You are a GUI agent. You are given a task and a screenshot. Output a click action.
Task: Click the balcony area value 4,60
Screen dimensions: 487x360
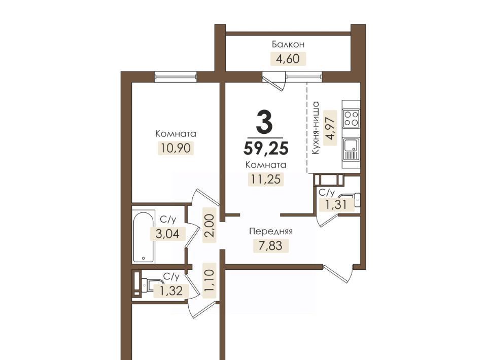click(288, 59)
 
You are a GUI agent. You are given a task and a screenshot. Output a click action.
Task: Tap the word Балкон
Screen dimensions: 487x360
click(288, 45)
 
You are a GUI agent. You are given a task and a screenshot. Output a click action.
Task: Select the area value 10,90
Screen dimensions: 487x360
click(176, 148)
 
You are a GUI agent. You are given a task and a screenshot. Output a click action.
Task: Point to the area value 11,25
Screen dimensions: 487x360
click(266, 179)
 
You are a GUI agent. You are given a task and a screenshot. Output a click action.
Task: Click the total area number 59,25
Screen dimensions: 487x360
click(266, 148)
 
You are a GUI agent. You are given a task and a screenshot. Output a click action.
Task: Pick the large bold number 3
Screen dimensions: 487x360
click(265, 122)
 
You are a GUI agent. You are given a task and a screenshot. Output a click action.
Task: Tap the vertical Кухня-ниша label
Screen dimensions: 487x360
click(316, 128)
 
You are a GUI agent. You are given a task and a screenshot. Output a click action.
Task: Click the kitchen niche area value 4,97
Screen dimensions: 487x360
click(330, 128)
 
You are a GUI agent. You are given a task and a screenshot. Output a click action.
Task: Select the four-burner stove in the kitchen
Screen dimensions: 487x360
click(351, 118)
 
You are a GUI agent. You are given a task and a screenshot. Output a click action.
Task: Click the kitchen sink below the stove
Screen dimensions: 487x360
click(351, 149)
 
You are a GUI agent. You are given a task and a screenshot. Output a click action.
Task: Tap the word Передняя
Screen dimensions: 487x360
click(271, 232)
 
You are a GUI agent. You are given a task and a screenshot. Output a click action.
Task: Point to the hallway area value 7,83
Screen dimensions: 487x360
click(271, 245)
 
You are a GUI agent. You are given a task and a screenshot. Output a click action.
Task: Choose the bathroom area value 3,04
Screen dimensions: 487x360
click(168, 234)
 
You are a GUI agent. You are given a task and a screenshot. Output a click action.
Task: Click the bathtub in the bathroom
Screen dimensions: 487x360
click(144, 237)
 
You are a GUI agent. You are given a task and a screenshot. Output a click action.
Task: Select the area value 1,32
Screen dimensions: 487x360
click(170, 291)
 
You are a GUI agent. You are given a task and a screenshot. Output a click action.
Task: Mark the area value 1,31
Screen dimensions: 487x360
click(335, 204)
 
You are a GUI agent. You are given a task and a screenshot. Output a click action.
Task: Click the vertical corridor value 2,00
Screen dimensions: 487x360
click(210, 225)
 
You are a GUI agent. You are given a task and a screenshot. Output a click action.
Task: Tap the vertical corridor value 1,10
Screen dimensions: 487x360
click(210, 280)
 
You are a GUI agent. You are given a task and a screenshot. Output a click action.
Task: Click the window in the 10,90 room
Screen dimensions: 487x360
click(176, 77)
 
